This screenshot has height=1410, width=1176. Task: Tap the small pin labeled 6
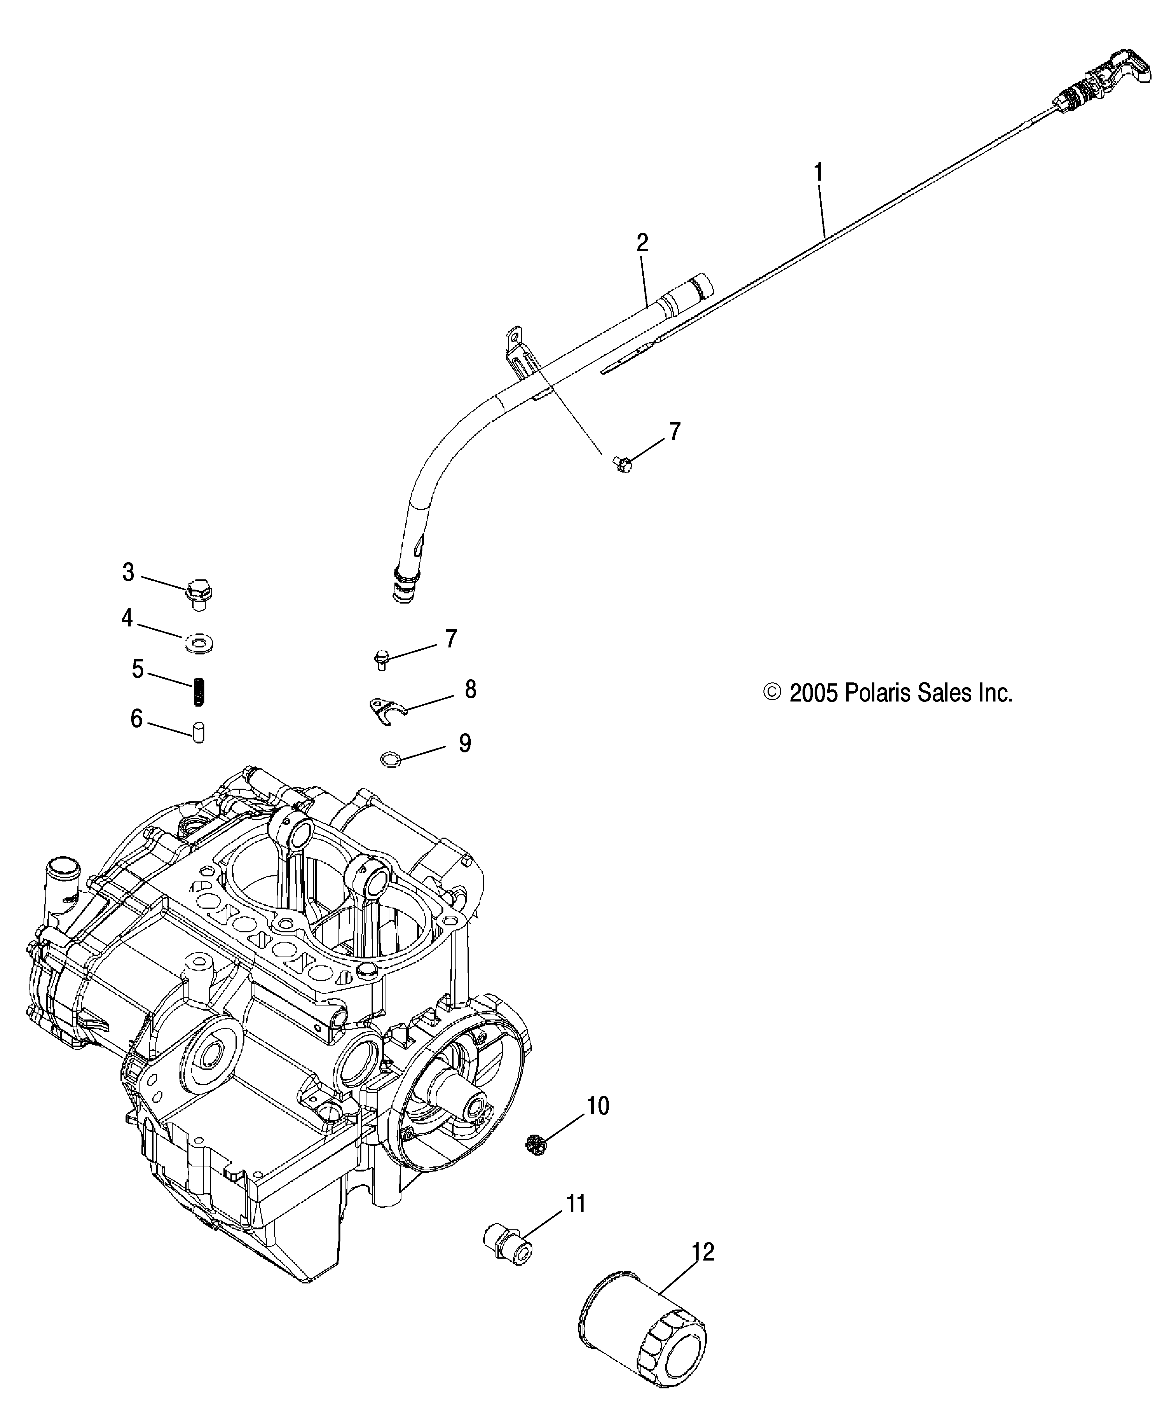(x=199, y=732)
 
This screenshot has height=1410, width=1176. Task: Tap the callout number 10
(x=598, y=1106)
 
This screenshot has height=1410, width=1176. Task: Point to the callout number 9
(x=464, y=743)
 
